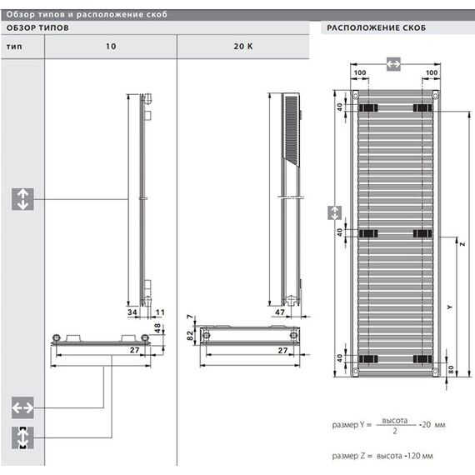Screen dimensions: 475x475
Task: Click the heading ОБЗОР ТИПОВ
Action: click(37, 27)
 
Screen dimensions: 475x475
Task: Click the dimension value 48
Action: click(161, 327)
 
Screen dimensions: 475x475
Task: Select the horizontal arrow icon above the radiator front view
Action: click(394, 62)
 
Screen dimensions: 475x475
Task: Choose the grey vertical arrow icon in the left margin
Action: click(22, 198)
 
